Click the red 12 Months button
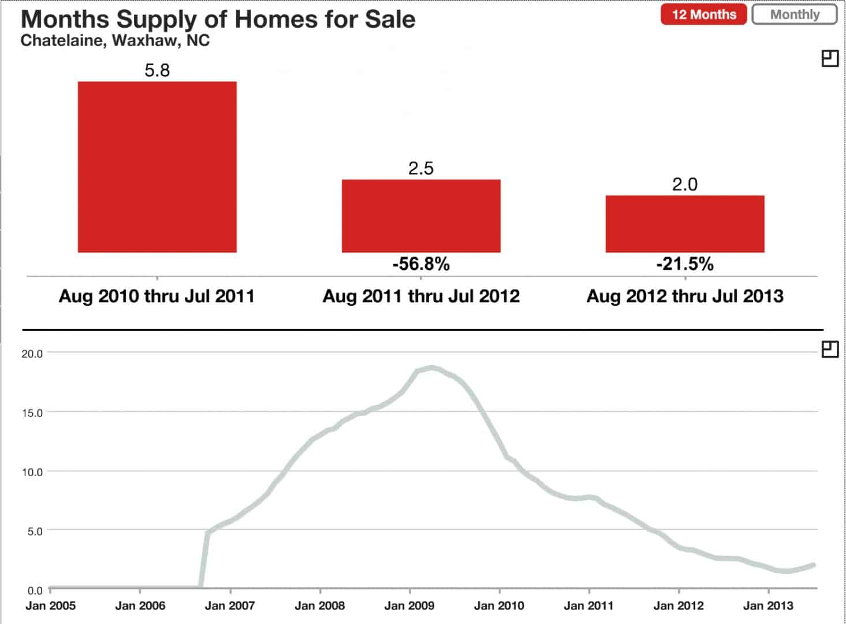coord(703,14)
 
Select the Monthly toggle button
coord(794,14)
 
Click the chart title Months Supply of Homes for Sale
coord(218,19)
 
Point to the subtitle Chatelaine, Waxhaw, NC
coord(115,41)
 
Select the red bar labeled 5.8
coord(157,167)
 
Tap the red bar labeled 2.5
coord(421,216)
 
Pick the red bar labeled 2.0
coord(685,224)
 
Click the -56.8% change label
coord(421,264)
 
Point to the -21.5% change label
coord(685,264)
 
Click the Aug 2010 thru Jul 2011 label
coord(156,296)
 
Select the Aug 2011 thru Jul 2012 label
coord(421,296)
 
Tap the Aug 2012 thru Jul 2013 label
coord(685,296)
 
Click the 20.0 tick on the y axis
coord(32,354)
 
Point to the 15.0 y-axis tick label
coord(32,413)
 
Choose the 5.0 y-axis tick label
coord(35,531)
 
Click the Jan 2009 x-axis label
coord(409,606)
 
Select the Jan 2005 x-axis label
coord(50,606)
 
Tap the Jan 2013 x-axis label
coord(768,606)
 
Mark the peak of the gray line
coord(431,367)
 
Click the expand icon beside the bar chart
coord(830,58)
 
